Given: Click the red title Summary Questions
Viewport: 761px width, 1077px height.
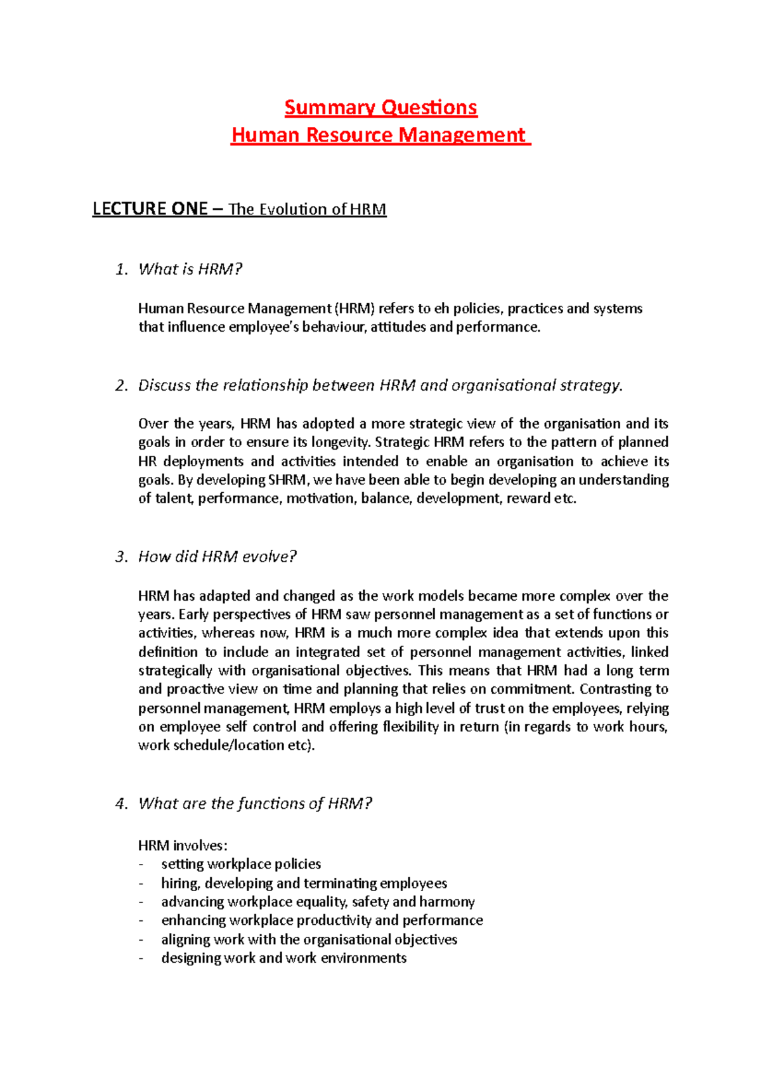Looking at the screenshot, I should click(x=380, y=108).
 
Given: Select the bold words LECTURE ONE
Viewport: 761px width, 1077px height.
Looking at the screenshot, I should click(x=150, y=209).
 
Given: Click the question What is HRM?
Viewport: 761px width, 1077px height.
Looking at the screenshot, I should click(x=190, y=269).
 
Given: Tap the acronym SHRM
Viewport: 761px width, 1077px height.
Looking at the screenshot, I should click(x=287, y=480).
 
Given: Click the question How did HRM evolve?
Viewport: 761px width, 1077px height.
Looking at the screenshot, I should click(x=217, y=557).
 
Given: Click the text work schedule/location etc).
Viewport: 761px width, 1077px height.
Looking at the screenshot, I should click(x=226, y=745).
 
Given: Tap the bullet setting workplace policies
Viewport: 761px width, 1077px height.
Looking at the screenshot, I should click(x=241, y=864).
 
